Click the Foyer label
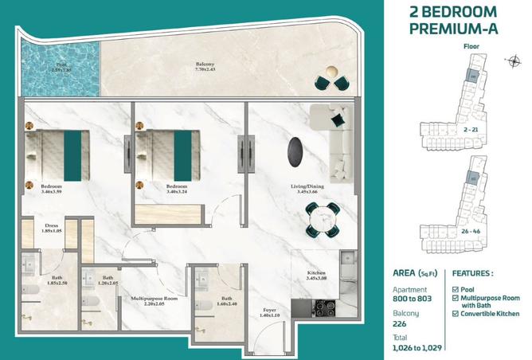tap(269, 313)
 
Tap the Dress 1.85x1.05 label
tap(52, 228)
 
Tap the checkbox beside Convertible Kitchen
tap(456, 313)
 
